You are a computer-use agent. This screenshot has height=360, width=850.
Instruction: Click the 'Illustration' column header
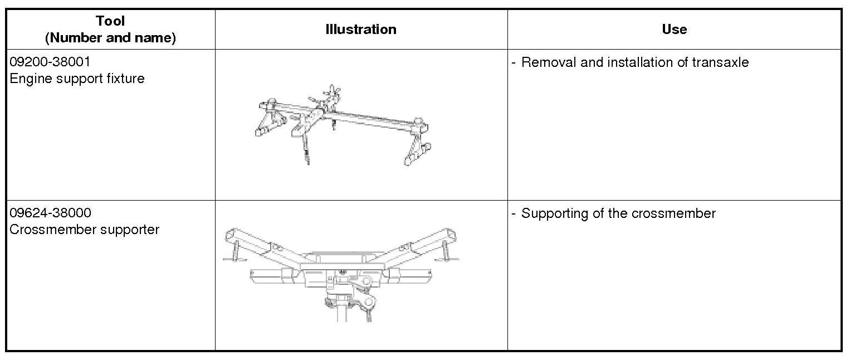pyautogui.click(x=361, y=30)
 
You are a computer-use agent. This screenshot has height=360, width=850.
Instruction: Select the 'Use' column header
pyautogui.click(x=674, y=30)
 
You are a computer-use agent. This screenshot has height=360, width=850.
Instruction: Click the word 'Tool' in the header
pyautogui.click(x=110, y=21)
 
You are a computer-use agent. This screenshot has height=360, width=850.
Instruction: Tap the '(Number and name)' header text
pyautogui.click(x=110, y=38)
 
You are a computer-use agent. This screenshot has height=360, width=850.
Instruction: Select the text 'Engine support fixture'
pyautogui.click(x=77, y=79)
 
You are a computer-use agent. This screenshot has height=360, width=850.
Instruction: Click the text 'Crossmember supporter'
pyautogui.click(x=85, y=230)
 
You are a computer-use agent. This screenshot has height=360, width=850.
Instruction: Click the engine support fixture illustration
pyautogui.click(x=342, y=125)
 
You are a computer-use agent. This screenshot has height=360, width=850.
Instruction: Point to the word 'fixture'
pyautogui.click(x=126, y=79)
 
